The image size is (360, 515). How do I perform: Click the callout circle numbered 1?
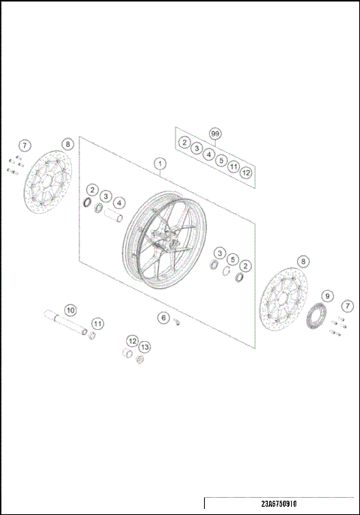pos(159,163)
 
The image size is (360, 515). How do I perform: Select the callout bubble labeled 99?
pos(215,134)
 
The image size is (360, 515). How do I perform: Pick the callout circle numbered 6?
pos(163,318)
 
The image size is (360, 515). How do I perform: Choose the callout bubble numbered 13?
pos(144,348)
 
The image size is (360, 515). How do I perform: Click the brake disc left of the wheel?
pos(44,184)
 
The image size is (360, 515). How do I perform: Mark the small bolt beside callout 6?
pos(178,322)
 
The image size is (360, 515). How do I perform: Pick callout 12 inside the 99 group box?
pos(246,172)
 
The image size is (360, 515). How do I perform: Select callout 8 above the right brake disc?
pos(302,262)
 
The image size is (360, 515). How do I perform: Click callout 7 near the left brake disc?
pos(24,145)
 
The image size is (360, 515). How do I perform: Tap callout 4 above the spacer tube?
pos(120,202)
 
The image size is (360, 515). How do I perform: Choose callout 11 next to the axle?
pos(97,324)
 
